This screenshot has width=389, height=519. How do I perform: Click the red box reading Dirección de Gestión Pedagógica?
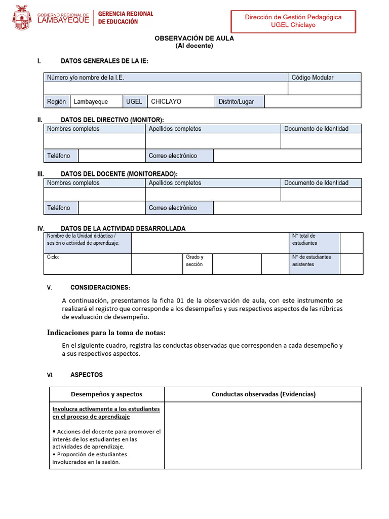pos(293,21)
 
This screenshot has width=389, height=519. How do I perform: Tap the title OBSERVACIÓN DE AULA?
pos(194,38)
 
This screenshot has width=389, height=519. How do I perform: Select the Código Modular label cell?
pos(324,78)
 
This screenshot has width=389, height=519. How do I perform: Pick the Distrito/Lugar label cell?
pos(239,101)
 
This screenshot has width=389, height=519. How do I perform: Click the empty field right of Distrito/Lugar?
pos(313,101)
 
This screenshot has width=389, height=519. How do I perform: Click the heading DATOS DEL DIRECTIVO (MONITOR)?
pos(112,120)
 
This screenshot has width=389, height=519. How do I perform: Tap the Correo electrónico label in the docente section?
pos(179,208)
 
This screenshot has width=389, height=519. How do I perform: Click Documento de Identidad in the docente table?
pos(321,183)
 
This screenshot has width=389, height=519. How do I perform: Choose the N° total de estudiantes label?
pos(314,239)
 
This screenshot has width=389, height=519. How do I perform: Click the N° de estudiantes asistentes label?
pos(314,261)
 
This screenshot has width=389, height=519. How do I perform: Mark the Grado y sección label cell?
pos(197,261)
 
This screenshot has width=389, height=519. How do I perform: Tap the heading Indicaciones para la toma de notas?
pos(106,332)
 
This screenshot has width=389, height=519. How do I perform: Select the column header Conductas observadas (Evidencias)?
pos(263,394)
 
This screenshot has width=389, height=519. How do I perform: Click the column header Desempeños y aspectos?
pos(106,394)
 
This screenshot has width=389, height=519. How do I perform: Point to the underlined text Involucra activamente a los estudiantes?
pos(106,409)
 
